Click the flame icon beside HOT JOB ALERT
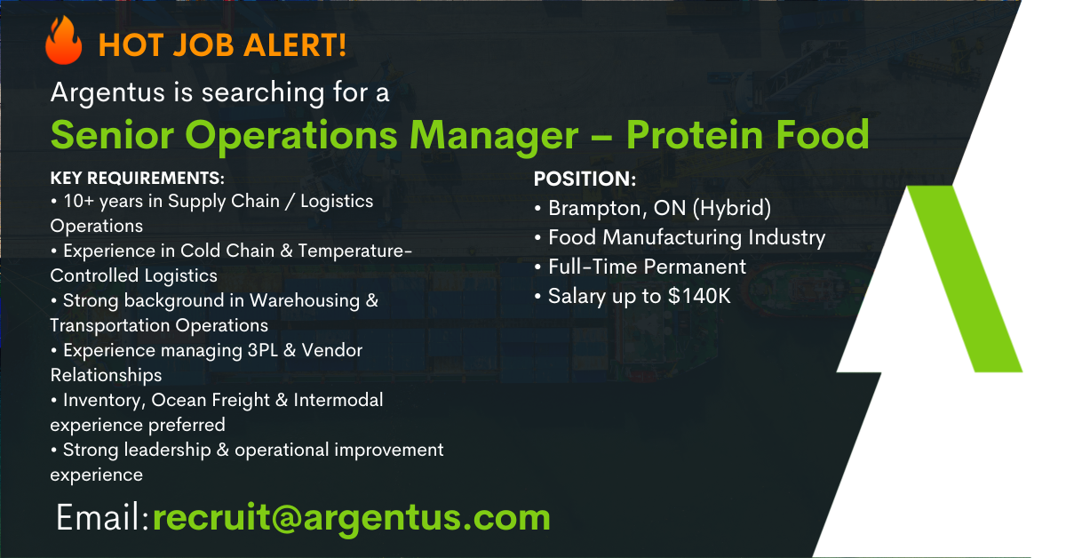coord(63,41)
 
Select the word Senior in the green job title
coord(112,135)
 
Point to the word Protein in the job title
coord(695,135)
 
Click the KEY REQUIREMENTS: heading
coord(137,178)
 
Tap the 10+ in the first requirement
coord(79,201)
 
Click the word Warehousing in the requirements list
coord(305,301)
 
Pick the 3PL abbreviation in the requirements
coord(263,350)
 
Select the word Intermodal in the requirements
coord(338,400)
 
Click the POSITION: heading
coord(585,179)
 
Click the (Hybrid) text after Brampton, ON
coord(731,209)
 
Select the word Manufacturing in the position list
coord(672,237)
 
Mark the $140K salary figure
coord(699,296)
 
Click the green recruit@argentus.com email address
coord(351,518)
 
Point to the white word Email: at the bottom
coord(102,517)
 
